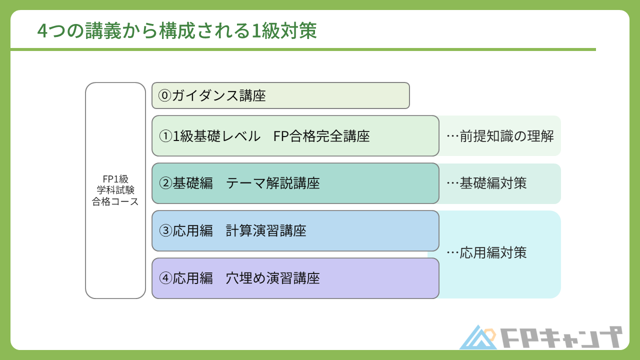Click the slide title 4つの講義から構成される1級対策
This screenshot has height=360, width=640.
click(x=177, y=31)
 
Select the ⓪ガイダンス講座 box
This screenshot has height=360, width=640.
click(x=280, y=95)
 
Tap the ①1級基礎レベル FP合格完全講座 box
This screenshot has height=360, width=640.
click(x=295, y=136)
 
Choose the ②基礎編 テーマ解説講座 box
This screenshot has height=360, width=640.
click(x=295, y=183)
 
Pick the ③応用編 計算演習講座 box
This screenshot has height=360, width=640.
click(x=295, y=231)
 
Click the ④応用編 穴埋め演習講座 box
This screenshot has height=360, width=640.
click(x=295, y=278)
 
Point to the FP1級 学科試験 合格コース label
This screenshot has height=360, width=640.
click(x=115, y=190)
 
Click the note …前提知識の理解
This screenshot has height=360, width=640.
click(x=500, y=136)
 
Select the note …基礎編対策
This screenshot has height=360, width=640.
click(x=486, y=183)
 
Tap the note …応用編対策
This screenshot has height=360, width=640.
click(x=486, y=253)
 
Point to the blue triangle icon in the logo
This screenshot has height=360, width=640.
click(x=477, y=338)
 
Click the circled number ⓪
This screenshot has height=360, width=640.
click(x=165, y=95)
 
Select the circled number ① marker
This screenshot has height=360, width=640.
click(x=165, y=136)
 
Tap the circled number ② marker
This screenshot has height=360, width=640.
click(x=165, y=183)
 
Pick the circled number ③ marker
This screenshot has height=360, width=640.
click(x=165, y=231)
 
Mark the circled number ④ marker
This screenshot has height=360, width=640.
click(x=165, y=278)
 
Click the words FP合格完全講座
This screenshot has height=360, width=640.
click(x=321, y=136)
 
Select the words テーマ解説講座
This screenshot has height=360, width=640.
click(x=273, y=183)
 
